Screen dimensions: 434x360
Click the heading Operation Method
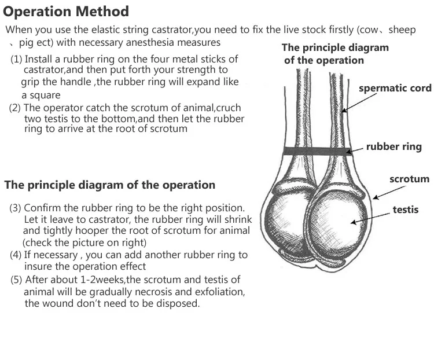pyautogui.click(x=67, y=11)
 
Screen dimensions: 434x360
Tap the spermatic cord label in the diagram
pyautogui.click(x=395, y=89)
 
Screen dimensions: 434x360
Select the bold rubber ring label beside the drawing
pyautogui.click(x=393, y=147)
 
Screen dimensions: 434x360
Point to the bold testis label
pyautogui.click(x=405, y=210)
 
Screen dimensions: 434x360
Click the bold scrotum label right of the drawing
pyautogui.click(x=409, y=179)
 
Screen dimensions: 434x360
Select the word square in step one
pyautogui.click(x=46, y=94)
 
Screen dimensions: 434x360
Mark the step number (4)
pyautogui.click(x=16, y=255)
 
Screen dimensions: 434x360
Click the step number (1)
pyautogui.click(x=17, y=60)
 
